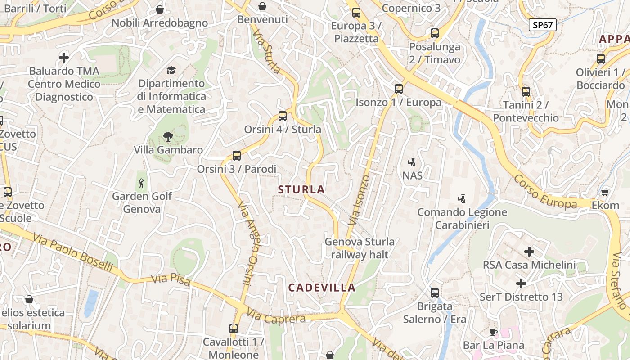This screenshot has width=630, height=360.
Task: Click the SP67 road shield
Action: click(542, 25)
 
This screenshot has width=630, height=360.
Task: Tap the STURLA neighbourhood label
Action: click(301, 189)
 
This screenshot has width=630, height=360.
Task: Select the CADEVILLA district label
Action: click(322, 288)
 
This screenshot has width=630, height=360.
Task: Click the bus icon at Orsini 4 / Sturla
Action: click(283, 116)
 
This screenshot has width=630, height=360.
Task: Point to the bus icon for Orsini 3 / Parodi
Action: click(237, 156)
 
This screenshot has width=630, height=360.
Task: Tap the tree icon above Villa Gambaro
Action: click(168, 136)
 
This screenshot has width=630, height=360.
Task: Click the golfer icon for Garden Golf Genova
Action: click(142, 183)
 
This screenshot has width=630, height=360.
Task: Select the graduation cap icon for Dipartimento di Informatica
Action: click(171, 70)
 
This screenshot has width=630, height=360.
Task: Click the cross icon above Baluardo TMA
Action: click(64, 58)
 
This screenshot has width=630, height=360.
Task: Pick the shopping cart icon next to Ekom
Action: click(605, 192)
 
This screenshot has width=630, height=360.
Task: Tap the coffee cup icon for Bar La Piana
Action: click(494, 333)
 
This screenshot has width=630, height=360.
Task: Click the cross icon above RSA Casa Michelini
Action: click(529, 252)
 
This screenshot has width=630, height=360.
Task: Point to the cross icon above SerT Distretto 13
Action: click(521, 283)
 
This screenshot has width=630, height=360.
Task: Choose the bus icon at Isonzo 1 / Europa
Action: click(399, 89)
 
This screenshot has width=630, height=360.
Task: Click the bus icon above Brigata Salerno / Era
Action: click(435, 293)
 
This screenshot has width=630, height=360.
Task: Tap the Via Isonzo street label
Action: click(359, 200)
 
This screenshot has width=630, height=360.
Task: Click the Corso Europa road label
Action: click(545, 192)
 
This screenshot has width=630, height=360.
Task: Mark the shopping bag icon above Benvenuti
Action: click(262, 6)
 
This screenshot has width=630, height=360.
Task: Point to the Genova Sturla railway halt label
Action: click(360, 248)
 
